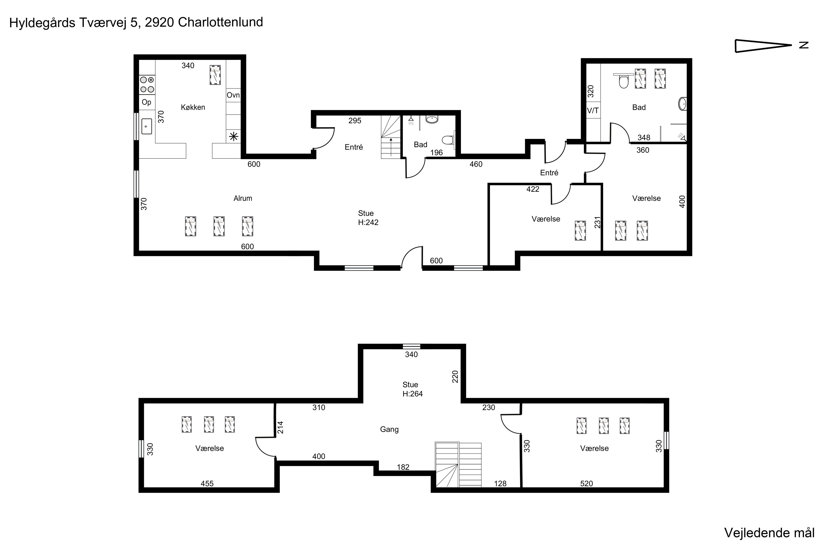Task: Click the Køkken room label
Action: (x=193, y=107)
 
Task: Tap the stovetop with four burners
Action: (x=147, y=85)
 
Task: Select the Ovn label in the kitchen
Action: (x=233, y=95)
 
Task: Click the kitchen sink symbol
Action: (x=146, y=126)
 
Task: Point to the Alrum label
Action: (x=243, y=198)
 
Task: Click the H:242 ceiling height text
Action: (x=368, y=222)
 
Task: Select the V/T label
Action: (x=593, y=111)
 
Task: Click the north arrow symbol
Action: (x=763, y=45)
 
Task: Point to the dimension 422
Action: (x=533, y=189)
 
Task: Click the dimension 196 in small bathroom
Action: (x=436, y=153)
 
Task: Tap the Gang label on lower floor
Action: (x=389, y=429)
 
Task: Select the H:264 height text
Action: (x=412, y=394)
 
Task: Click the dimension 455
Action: (x=207, y=484)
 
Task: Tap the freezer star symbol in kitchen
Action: (x=233, y=137)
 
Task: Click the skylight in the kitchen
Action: (x=215, y=75)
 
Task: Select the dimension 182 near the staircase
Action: (x=403, y=467)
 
